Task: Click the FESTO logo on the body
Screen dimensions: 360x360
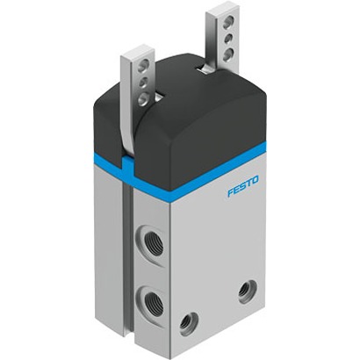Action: [x=243, y=186]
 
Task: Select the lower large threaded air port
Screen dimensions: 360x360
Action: [x=151, y=302]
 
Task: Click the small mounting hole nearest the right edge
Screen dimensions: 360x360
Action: [x=248, y=292]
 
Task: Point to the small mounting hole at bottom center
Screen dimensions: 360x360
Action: [x=188, y=323]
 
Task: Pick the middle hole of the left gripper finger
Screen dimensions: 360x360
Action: [x=143, y=83]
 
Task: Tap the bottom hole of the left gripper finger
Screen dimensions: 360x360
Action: [x=143, y=98]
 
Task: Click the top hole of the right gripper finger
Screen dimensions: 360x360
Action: [x=228, y=22]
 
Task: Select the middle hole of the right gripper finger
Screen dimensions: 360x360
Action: [x=228, y=38]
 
